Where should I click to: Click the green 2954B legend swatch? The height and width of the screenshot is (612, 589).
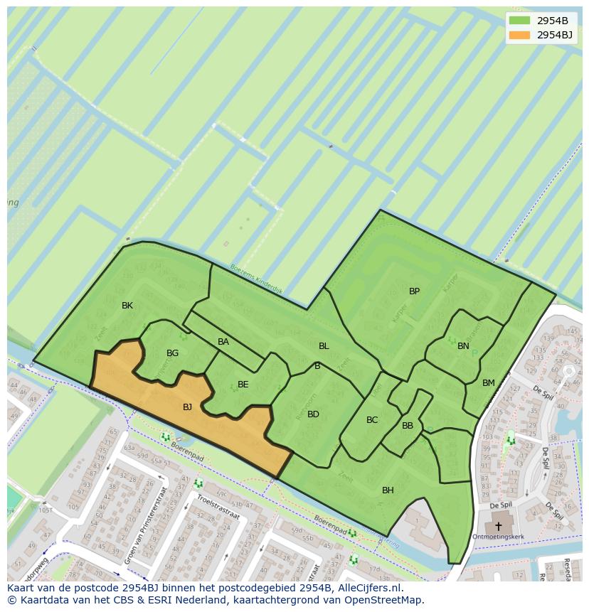point(520,21)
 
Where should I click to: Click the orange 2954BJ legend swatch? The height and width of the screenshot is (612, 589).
point(520,35)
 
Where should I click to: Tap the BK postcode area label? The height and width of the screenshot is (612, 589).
point(127,306)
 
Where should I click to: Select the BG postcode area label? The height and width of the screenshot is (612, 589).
point(172,353)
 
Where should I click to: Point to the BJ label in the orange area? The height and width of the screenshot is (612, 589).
point(187,407)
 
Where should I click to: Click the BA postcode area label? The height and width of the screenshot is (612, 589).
point(223,342)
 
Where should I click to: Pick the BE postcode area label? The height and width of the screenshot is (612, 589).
point(243,385)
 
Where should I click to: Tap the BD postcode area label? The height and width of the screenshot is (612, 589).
point(313,414)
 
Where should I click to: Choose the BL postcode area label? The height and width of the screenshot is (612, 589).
point(324,346)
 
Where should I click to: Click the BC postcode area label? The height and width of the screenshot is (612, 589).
point(372,420)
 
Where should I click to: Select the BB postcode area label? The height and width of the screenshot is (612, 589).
point(408,426)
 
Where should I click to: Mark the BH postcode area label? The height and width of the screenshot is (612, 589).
point(388,490)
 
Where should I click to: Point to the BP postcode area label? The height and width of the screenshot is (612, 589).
point(414,291)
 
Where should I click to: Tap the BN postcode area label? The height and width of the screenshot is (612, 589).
point(463,346)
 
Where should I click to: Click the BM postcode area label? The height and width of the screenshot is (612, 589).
point(488,383)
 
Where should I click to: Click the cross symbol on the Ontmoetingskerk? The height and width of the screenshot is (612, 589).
point(498,527)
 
